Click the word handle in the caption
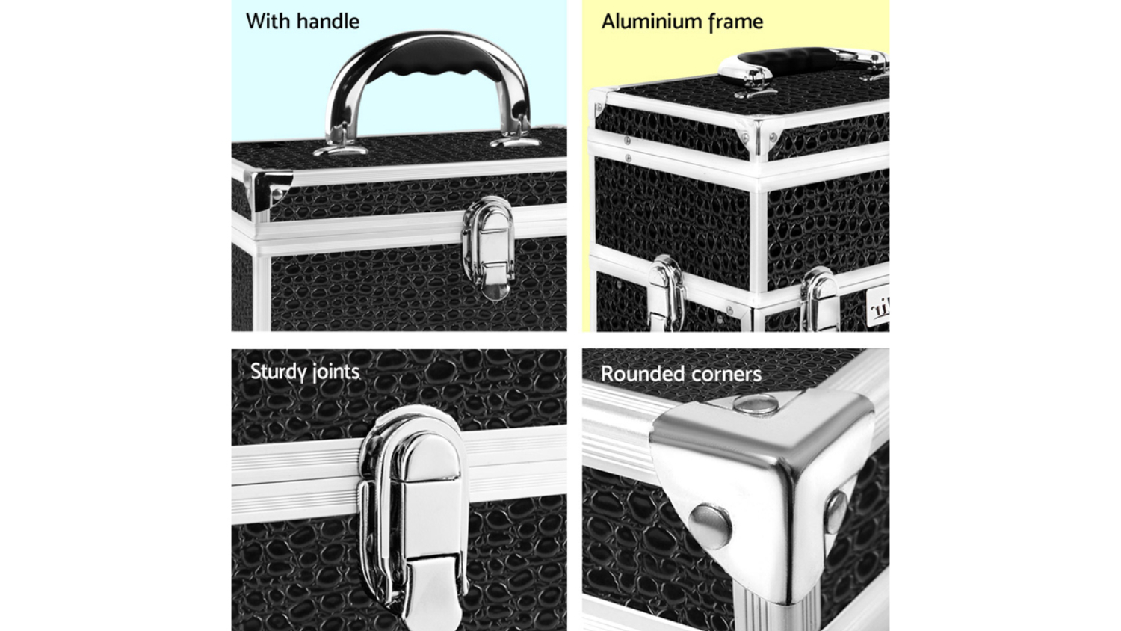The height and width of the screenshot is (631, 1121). click(x=328, y=22)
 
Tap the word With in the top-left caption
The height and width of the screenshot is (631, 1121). click(x=268, y=22)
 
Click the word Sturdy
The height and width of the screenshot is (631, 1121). click(x=278, y=372)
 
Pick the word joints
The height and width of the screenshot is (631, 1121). click(x=336, y=372)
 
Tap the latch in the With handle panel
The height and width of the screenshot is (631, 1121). click(x=489, y=248)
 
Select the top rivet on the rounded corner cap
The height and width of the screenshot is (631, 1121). click(x=756, y=404)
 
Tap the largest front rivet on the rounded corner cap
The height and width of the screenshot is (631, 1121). click(x=709, y=526)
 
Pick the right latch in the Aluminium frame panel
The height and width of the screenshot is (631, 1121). click(x=819, y=299)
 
